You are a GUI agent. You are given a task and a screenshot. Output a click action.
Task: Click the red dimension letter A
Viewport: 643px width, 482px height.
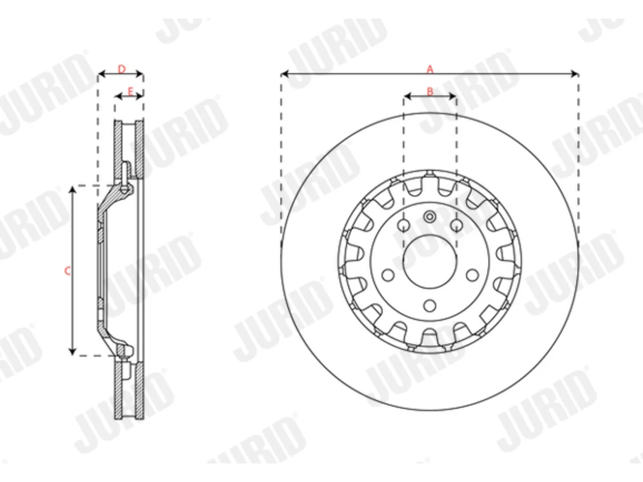430,69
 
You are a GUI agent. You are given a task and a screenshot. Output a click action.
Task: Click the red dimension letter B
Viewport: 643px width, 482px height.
430,91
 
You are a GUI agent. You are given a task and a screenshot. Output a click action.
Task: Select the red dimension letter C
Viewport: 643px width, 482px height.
67,271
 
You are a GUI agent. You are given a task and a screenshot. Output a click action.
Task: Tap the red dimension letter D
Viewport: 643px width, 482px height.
122,69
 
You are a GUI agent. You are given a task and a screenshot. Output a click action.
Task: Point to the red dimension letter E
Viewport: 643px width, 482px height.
131,91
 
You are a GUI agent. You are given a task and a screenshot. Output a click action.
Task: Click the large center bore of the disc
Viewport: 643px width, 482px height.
430,261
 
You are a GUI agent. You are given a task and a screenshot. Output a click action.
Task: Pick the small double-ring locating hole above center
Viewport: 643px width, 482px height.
430,217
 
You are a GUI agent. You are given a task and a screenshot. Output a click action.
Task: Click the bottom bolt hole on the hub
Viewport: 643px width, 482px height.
430,306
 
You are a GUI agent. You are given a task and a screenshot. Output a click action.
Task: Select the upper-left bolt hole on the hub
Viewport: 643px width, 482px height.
404,225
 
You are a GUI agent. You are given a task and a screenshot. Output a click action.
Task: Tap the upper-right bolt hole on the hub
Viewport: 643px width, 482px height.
456,225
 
